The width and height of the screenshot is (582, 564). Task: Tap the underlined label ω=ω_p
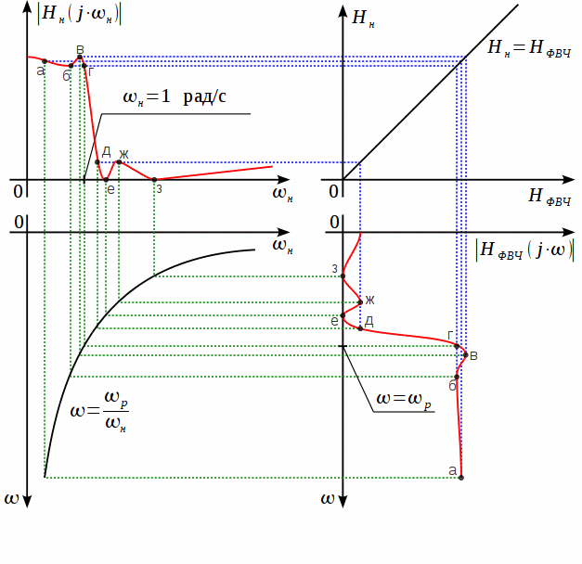(404, 400)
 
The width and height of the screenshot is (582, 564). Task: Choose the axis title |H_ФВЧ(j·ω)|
(524, 249)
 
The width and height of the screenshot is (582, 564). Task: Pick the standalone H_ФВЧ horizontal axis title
(549, 196)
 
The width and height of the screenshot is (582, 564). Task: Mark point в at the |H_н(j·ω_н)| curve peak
(80, 58)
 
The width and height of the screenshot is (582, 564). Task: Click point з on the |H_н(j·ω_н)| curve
(154, 179)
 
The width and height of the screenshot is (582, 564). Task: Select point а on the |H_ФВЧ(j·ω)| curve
(461, 478)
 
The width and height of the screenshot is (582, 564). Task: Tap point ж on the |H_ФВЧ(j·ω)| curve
(359, 301)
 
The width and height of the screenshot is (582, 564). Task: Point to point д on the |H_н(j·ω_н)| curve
(97, 162)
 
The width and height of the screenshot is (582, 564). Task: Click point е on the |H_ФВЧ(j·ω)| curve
(343, 315)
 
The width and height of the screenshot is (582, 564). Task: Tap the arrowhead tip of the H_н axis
(343, 6)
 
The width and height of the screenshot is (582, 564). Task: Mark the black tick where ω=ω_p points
(343, 346)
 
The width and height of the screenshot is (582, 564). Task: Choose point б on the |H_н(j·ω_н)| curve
(71, 66)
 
